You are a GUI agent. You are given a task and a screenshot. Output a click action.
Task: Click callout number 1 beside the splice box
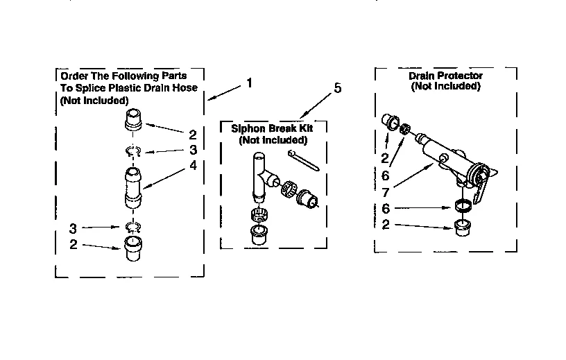[x=249, y=83]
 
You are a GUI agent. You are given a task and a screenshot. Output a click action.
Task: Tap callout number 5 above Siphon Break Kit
[x=338, y=88]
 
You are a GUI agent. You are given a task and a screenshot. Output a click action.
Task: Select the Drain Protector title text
[x=445, y=76]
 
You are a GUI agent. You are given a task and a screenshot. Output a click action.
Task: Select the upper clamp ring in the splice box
[x=135, y=151]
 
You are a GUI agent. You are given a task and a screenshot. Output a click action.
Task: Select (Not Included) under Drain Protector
[x=445, y=87]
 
